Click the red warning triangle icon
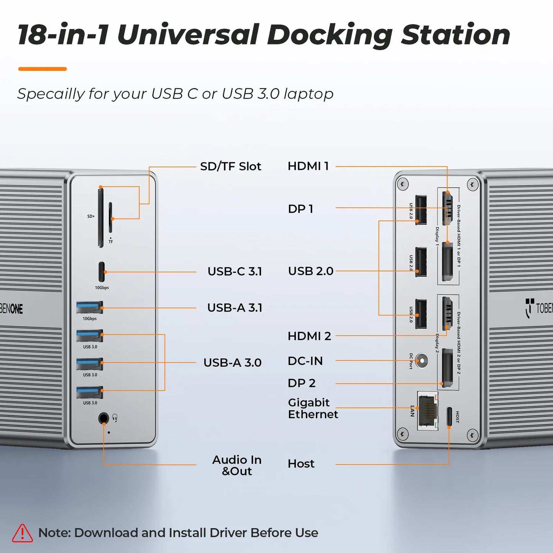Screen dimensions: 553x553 (23, 533)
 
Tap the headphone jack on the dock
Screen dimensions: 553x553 (103, 418)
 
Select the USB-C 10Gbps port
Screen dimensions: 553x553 (102, 272)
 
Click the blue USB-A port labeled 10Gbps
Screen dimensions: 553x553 (90, 307)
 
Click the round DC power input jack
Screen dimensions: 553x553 (422, 361)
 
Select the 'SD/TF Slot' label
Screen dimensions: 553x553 (230, 166)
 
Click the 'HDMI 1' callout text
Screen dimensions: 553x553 (308, 166)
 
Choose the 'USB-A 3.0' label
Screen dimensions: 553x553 (232, 362)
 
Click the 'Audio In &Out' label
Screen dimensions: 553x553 (237, 465)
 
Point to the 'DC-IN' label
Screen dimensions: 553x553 (305, 361)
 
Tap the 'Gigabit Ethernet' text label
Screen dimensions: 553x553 (313, 408)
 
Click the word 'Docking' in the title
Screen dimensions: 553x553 (330, 35)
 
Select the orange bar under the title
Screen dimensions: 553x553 (42, 69)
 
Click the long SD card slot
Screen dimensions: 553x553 (100, 217)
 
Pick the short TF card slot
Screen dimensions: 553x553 (111, 217)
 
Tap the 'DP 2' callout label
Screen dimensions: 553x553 (302, 383)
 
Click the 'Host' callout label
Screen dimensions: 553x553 (301, 464)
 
